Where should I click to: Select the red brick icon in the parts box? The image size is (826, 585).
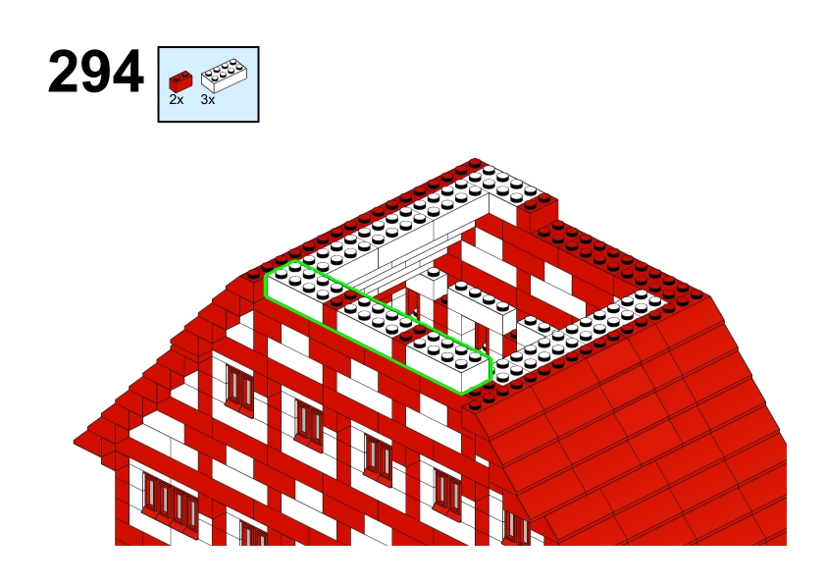pos(181,81)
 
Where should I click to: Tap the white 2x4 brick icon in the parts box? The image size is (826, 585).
pos(224,76)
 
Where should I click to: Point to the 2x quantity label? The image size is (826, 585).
pos(177,99)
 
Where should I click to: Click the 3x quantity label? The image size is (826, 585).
pos(208,99)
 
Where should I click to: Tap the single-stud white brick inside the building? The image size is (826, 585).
pos(434,284)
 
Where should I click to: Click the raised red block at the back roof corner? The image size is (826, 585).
pos(538,212)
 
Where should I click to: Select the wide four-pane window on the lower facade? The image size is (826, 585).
pos(170,501)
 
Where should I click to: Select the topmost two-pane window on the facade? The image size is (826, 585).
pos(239,388)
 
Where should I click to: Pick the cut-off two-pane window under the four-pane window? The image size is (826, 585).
pos(253,532)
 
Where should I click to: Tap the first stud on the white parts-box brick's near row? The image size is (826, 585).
pos(208,77)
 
